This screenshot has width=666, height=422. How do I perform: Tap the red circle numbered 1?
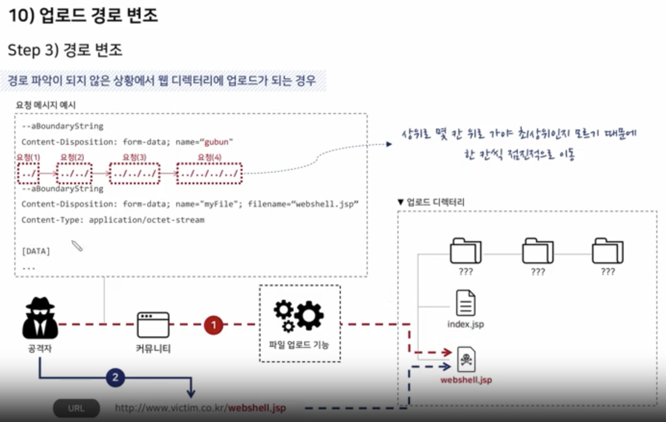214,325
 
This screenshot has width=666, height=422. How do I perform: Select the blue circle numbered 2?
115,377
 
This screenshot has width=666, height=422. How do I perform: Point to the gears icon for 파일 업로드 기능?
299,315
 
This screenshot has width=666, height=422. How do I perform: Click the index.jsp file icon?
465,303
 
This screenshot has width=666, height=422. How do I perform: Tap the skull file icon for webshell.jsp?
466,359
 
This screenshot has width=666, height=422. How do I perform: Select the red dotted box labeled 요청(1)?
28,173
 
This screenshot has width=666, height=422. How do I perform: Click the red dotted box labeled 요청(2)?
74,173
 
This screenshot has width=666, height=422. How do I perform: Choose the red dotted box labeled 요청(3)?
135,173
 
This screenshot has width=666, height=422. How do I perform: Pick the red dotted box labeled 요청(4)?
209,173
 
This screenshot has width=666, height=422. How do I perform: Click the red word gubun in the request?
217,142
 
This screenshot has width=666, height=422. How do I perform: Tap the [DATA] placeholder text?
36,251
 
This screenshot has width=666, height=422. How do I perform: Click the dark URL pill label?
76,409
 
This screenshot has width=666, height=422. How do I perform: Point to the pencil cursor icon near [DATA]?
77,246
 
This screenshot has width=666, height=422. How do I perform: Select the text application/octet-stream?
146,220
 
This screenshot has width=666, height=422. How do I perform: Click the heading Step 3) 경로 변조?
65,50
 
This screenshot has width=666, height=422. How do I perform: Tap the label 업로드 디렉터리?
435,202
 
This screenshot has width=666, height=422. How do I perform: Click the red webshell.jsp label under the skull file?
466,380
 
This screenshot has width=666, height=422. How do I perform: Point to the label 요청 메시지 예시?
46,105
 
